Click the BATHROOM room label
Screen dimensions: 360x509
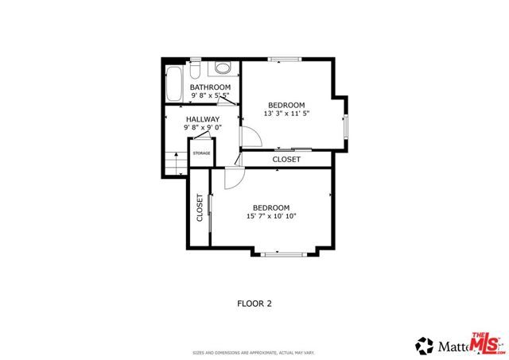click(210, 87)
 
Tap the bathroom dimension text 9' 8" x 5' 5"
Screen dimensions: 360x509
click(210, 96)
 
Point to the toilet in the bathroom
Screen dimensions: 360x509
click(223, 67)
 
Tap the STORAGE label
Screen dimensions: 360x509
click(201, 153)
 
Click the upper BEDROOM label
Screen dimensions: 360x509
click(286, 105)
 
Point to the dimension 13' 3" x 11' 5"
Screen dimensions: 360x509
click(286, 114)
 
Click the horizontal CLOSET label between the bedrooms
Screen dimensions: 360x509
click(286, 160)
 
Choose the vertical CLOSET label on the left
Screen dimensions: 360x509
click(200, 207)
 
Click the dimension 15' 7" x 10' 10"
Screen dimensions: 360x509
click(270, 216)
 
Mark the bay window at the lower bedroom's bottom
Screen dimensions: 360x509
click(285, 253)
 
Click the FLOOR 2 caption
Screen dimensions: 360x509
click(255, 303)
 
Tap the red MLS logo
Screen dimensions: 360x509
click(486, 343)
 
